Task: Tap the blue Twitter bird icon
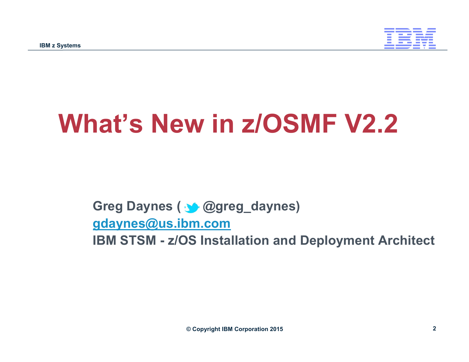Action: tap(192, 208)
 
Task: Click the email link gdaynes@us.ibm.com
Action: tap(162, 223)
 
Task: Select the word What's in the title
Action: tap(100, 124)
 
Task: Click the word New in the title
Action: tap(178, 124)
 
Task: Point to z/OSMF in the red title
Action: tap(289, 124)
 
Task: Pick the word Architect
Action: tap(406, 240)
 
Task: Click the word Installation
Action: tap(234, 240)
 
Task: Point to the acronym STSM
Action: tap(138, 240)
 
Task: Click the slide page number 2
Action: tap(434, 328)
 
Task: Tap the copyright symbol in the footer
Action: tap(188, 329)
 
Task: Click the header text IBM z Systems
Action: tap(60, 45)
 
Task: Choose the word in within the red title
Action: tap(223, 124)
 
